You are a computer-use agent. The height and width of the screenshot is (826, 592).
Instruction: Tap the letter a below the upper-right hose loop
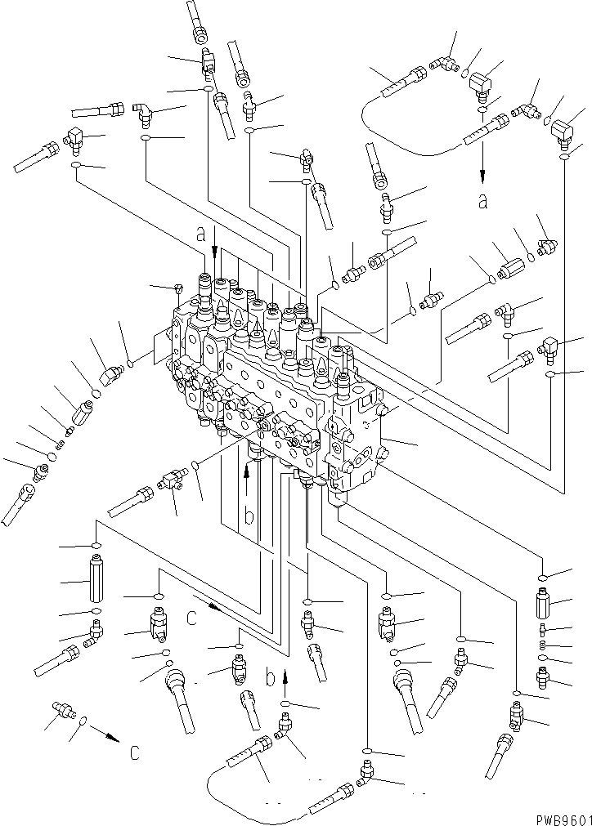(x=483, y=200)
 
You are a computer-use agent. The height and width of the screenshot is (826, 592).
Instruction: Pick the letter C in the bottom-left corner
(x=134, y=752)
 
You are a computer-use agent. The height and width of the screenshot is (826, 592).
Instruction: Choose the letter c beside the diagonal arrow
(x=191, y=618)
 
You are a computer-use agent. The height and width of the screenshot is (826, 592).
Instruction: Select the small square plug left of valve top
(x=177, y=288)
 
